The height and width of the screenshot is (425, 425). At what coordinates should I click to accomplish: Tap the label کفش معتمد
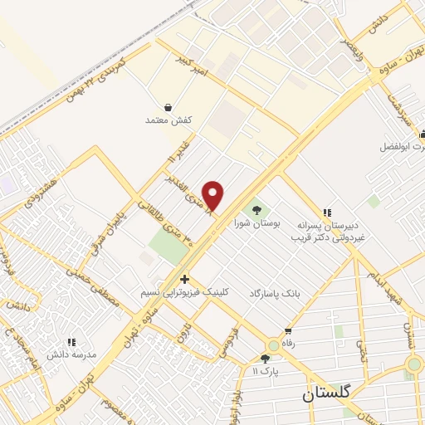170,120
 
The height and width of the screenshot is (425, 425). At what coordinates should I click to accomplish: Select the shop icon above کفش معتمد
169,107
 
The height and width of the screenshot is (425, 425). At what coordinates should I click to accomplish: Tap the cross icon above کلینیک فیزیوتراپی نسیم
184,280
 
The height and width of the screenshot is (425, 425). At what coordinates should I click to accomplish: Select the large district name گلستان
330,393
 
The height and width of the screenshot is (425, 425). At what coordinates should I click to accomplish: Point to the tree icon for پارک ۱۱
265,359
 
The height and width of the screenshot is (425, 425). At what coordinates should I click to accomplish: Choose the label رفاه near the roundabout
290,340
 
